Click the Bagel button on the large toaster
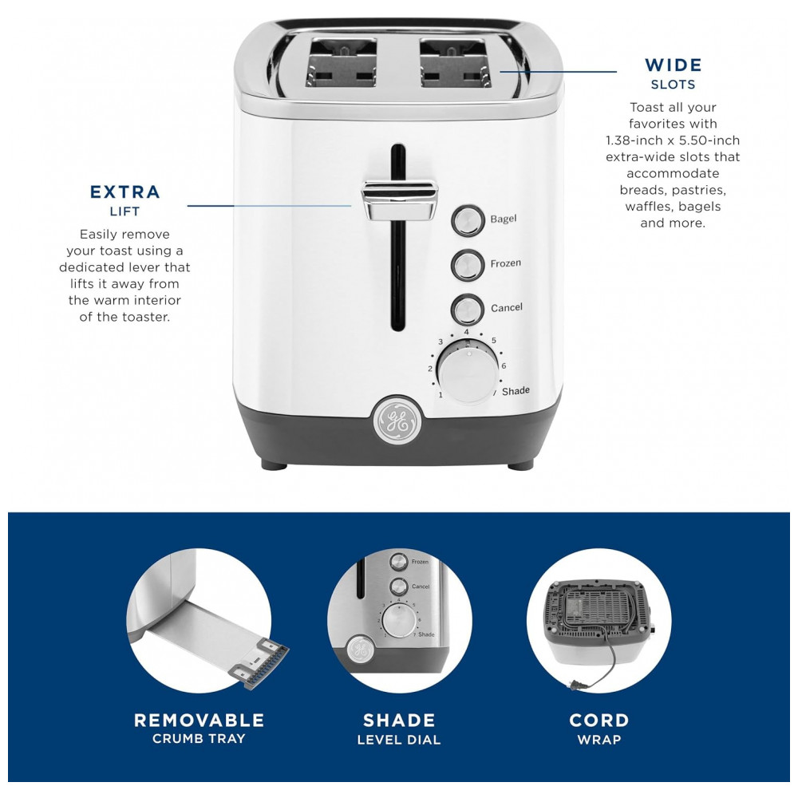(x=468, y=220)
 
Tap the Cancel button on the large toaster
(x=467, y=310)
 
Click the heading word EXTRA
(x=125, y=192)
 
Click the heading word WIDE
(x=673, y=65)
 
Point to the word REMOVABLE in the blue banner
(x=199, y=720)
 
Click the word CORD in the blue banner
(x=599, y=720)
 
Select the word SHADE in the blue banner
(x=399, y=720)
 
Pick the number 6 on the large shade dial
(x=504, y=365)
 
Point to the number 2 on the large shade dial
(x=431, y=369)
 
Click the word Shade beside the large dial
(x=516, y=391)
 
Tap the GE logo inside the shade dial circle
(x=361, y=650)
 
